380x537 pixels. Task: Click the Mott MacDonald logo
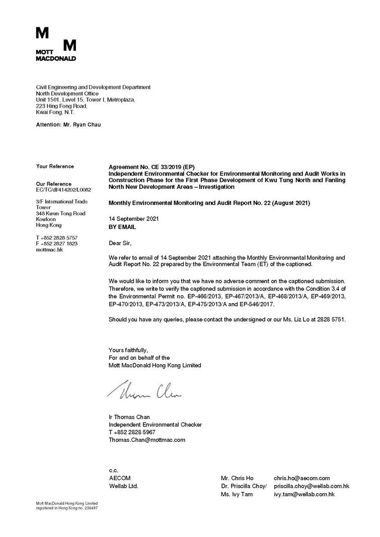(56, 44)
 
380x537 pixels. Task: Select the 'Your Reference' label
(55, 166)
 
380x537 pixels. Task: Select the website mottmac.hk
(49, 250)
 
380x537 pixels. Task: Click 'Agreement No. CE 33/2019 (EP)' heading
(151, 167)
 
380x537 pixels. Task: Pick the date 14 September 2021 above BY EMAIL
(134, 219)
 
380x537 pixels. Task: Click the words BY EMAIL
(122, 227)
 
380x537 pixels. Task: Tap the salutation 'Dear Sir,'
(120, 244)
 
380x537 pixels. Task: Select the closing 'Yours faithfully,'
(128, 350)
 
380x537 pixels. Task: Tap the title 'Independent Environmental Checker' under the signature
(155, 425)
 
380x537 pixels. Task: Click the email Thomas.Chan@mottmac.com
(147, 440)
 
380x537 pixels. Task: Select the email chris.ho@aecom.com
(301, 478)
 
